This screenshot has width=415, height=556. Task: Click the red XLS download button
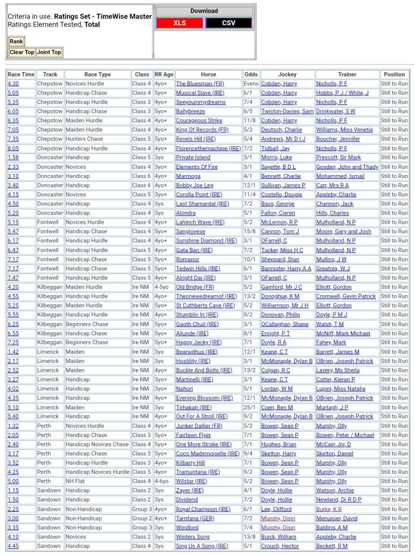tap(179, 23)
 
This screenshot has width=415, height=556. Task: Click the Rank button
tap(16, 41)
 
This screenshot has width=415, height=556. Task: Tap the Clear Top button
tap(22, 52)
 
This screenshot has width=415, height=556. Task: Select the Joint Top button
tap(49, 52)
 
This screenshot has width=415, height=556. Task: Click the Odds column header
tap(251, 74)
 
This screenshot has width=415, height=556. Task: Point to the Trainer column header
tap(347, 74)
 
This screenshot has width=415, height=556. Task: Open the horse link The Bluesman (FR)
tap(200, 84)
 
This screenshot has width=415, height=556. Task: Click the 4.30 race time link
tap(13, 84)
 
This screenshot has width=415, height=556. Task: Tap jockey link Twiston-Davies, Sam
tap(287, 111)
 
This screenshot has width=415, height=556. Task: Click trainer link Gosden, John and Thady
tap(347, 167)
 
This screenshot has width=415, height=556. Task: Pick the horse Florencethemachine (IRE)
tap(208, 148)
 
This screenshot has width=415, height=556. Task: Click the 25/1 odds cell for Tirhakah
tap(251, 407)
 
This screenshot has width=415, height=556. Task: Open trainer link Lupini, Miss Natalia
tap(340, 389)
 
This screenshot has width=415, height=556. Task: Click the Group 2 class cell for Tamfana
tap(142, 518)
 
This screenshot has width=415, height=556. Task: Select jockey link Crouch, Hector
tap(280, 546)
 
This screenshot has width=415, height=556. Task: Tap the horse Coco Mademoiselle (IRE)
tap(207, 453)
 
